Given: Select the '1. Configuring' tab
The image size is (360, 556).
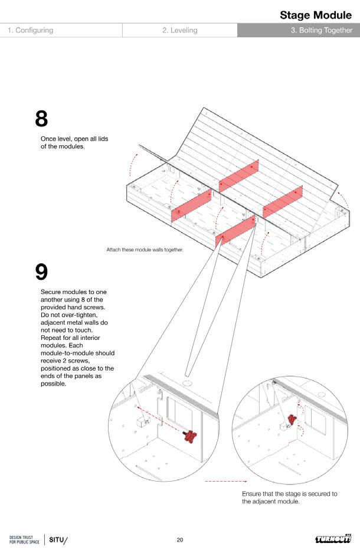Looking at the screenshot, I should pyautogui.click(x=31, y=30).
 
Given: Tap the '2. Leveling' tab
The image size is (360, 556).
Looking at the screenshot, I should pyautogui.click(x=179, y=30).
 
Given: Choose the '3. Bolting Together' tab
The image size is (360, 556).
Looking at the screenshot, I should pyautogui.click(x=321, y=30).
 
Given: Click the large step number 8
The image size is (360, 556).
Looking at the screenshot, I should pyautogui.click(x=41, y=119).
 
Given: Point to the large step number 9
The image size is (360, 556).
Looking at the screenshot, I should pyautogui.click(x=41, y=272).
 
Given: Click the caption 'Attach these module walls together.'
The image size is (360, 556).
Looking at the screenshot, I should pyautogui.click(x=145, y=250).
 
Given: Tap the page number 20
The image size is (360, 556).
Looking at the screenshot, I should pyautogui.click(x=180, y=539).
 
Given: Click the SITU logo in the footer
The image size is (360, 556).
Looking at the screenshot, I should pyautogui.click(x=58, y=539).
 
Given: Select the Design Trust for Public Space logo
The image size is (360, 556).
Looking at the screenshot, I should pyautogui.click(x=24, y=539).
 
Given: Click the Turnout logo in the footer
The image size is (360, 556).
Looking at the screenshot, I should pyautogui.click(x=333, y=539).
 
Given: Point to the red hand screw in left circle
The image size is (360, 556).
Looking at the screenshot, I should pyautogui.click(x=190, y=437).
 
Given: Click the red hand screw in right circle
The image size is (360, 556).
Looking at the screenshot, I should pyautogui.click(x=291, y=420).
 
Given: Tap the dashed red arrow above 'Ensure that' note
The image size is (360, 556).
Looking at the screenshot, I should pyautogui.click(x=225, y=482).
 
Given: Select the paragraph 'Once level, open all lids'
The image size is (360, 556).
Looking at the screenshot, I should pyautogui.click(x=74, y=142).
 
